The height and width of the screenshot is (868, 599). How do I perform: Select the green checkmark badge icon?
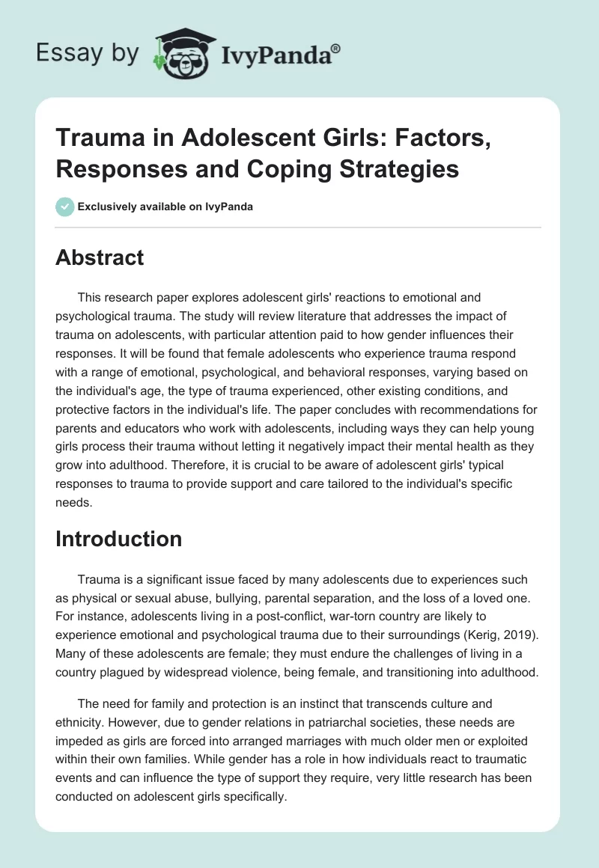tap(65, 207)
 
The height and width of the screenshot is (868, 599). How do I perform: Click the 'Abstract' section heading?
tap(100, 257)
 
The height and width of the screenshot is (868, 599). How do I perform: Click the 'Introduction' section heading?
tap(118, 539)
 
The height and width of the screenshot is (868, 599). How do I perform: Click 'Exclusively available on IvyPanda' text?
tap(165, 207)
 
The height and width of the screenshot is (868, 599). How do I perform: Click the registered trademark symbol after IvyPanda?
tap(336, 48)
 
